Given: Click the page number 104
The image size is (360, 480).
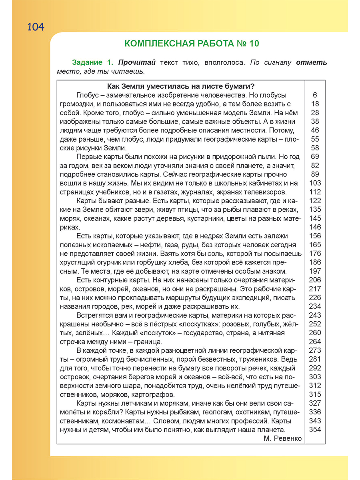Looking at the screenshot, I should tap(36, 27).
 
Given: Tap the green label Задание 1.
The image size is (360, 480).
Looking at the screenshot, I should tap(93, 63).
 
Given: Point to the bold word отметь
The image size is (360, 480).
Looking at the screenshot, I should tap(312, 63).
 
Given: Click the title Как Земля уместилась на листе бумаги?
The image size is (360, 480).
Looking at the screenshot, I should tap(182, 86).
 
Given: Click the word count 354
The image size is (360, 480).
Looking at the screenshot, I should tap(315, 430).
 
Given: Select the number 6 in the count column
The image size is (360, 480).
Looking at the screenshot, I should tap(315, 95).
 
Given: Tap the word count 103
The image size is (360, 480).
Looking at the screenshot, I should tap(315, 183).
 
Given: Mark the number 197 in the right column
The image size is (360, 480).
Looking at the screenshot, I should tap(315, 271).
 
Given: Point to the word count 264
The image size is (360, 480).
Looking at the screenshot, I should tap(315, 342).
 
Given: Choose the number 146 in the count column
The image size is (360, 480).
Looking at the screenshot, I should tap(315, 227).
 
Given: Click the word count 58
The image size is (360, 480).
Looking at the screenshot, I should tap(315, 148).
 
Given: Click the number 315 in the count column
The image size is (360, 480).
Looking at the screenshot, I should tap(315, 394).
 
